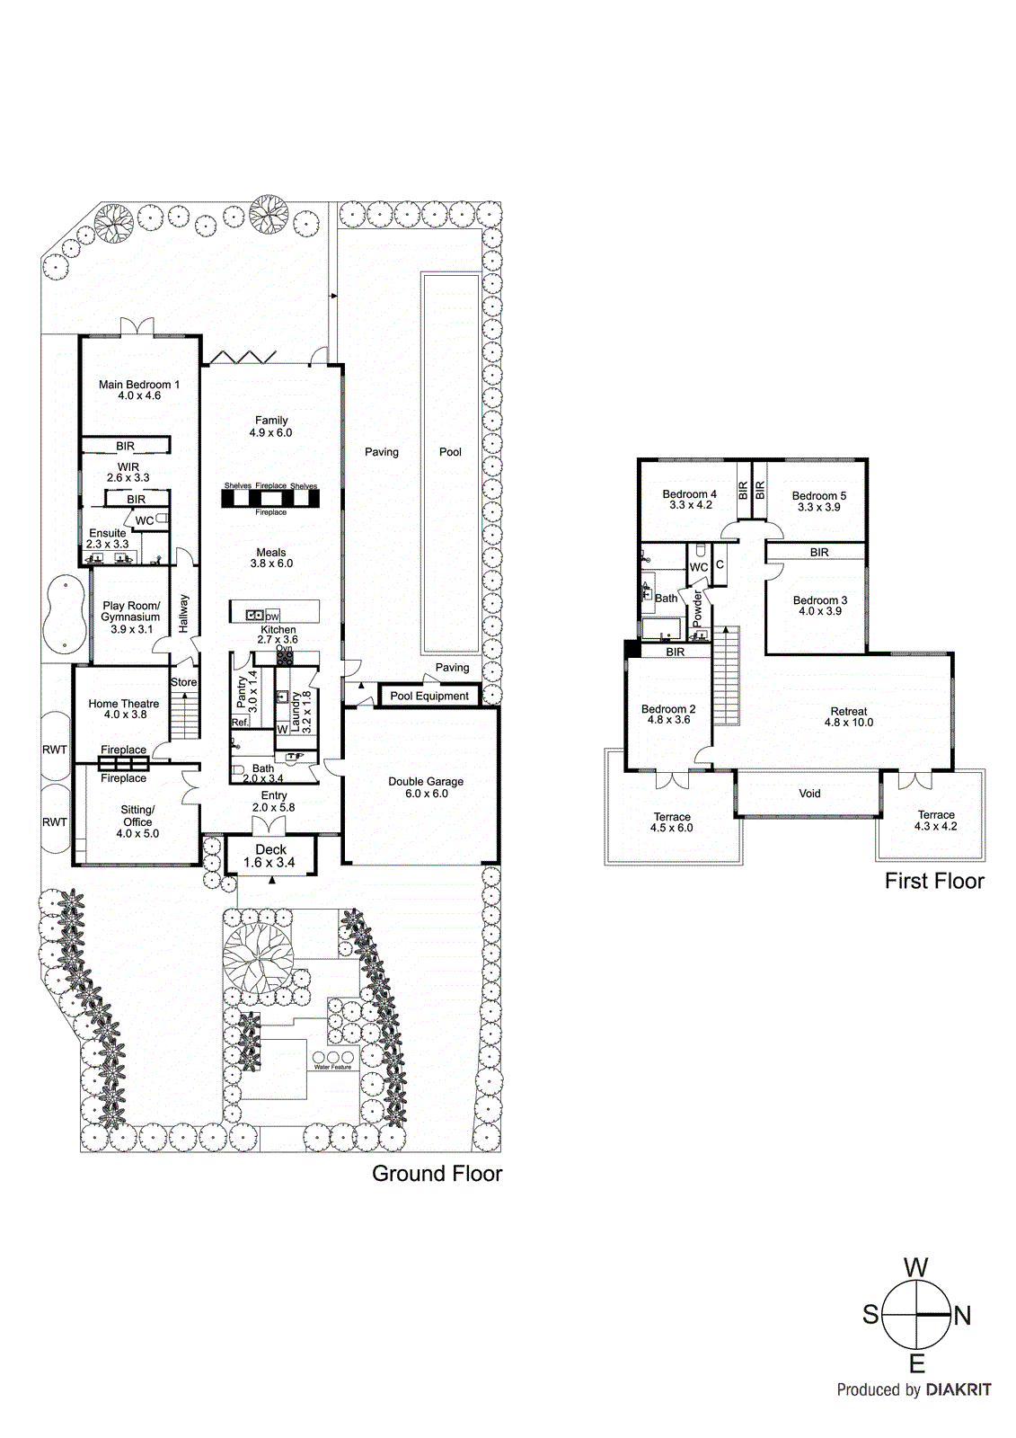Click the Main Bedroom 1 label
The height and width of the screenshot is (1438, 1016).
pos(139,390)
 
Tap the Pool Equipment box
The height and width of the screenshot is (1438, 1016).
pos(429,696)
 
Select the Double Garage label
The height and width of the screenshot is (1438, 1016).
pos(426,787)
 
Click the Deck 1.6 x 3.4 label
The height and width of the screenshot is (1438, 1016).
pos(270,856)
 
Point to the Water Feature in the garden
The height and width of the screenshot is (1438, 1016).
pos(332,1060)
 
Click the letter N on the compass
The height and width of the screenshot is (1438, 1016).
pos(963,1316)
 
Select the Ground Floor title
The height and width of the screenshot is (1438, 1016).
pos(437,1174)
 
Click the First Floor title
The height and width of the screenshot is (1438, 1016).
pos(934,881)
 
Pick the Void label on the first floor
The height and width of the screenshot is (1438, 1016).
pos(809,794)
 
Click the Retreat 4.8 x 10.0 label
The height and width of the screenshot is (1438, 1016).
pos(848,716)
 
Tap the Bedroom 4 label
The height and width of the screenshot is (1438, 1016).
pos(690,500)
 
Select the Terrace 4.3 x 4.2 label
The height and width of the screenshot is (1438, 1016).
pos(936,821)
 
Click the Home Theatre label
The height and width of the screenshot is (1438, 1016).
pos(124,709)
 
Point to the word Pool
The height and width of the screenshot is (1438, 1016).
pos(450,452)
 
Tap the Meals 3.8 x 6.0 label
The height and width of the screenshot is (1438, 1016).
pos(271,558)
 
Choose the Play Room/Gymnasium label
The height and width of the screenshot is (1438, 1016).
pos(131,617)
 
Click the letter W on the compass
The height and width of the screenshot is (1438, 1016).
pos(915,1268)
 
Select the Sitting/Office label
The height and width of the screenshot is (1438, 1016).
pos(137,821)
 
